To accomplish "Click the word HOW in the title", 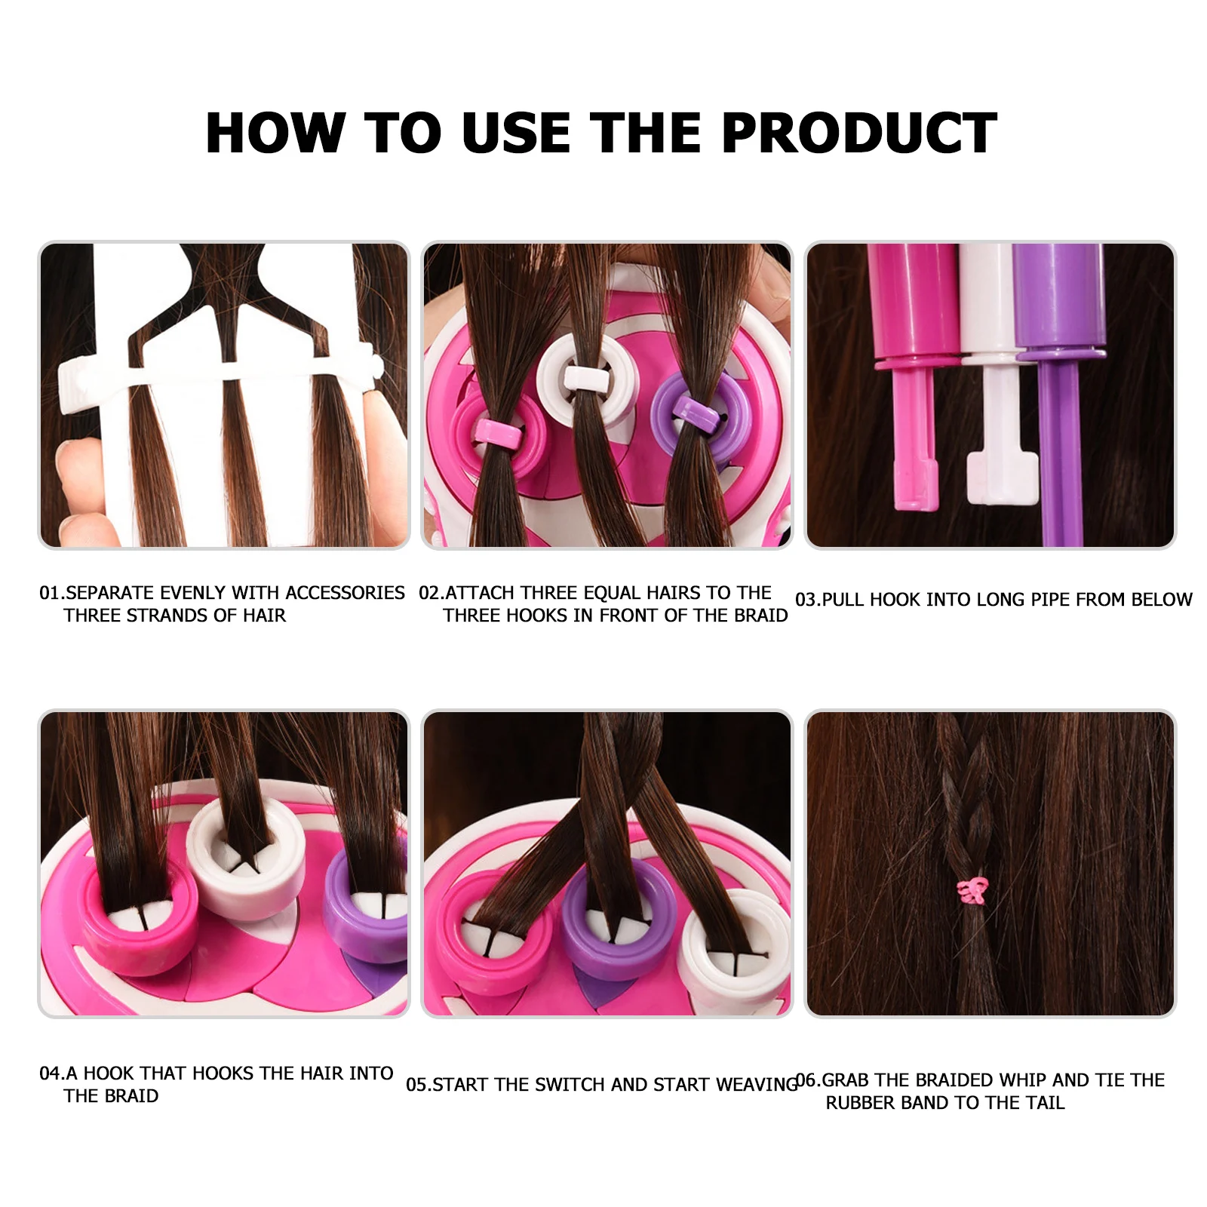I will click(x=275, y=134).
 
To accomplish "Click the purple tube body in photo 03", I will click(x=1058, y=302).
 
